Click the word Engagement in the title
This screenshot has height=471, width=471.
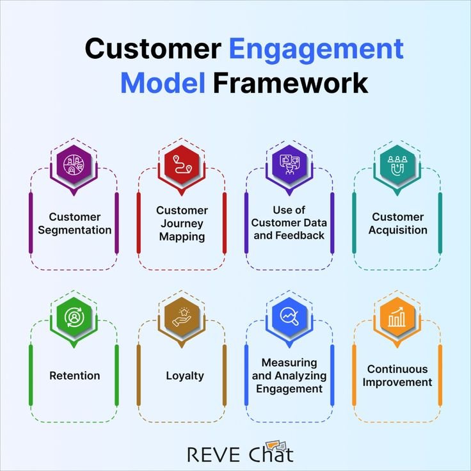[x=316, y=49]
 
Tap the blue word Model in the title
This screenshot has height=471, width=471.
[x=163, y=83]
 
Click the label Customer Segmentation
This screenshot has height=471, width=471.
[x=74, y=223]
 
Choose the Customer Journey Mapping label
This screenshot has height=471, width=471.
[x=182, y=223]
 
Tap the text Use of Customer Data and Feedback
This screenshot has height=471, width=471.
[x=289, y=223]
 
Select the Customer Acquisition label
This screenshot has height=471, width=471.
[x=397, y=223]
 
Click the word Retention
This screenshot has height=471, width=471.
[x=74, y=376]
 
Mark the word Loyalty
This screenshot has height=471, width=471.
[x=184, y=376]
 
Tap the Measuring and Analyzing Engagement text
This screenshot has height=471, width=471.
[x=289, y=376]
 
